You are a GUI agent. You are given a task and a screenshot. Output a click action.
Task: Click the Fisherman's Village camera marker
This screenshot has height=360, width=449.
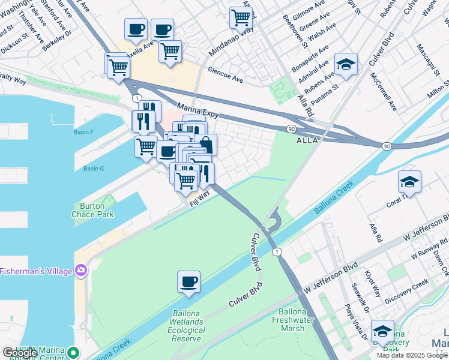(79, 271)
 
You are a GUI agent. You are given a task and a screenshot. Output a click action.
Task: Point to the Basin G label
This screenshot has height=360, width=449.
(94, 169)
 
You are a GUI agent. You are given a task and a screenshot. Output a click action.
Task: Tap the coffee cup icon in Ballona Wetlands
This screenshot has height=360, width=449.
(189, 281)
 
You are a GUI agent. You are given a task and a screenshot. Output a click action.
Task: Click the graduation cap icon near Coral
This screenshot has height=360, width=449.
(409, 181)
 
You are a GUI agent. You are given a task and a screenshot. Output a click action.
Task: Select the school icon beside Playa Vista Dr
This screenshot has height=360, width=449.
(382, 331)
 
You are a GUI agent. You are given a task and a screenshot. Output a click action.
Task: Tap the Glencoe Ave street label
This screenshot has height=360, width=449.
(225, 79)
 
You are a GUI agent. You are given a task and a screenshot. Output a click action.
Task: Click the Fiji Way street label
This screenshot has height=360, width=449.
(200, 197)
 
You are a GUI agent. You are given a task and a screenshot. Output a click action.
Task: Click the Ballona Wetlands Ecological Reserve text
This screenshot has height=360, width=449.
(186, 326)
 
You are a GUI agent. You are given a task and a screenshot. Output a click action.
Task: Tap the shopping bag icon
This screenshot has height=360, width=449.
(206, 145)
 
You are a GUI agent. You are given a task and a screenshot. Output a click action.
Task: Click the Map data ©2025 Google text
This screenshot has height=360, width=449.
(411, 355)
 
